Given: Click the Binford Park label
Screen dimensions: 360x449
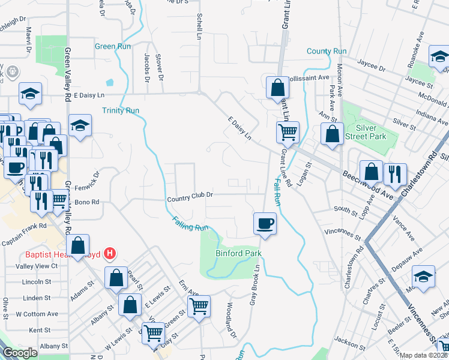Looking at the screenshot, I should tap(238, 253).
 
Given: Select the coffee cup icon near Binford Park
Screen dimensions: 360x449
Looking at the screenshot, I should tap(265, 224).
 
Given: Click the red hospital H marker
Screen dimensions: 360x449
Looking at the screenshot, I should tap(109, 254).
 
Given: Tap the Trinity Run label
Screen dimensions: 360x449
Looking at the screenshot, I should tap(121, 110).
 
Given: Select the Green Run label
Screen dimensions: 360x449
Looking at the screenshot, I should tap(113, 46).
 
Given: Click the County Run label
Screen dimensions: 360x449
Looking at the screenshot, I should tap(327, 52).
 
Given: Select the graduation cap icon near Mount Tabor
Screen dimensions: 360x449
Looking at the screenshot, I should tap(423, 278).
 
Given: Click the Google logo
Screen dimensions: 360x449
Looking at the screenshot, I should tap(20, 353).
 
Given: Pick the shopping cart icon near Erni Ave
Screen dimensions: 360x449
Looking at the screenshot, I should tap(199, 306).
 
